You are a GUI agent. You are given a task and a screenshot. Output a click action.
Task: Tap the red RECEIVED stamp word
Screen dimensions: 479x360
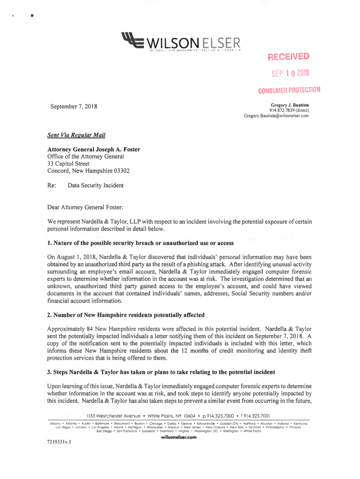click(288, 57)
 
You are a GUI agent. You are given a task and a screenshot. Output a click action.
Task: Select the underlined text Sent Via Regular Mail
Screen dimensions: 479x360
click(76, 136)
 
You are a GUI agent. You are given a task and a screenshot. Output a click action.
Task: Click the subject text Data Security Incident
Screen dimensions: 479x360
click(95, 186)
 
